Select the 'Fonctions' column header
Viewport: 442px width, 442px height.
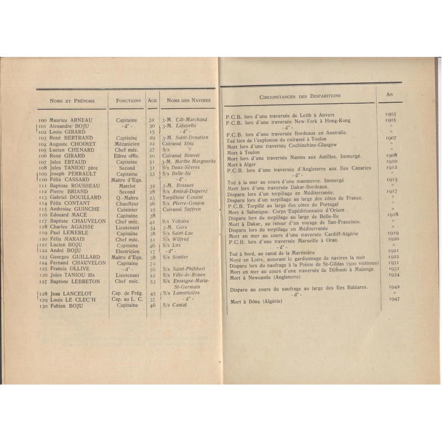(x=128, y=101)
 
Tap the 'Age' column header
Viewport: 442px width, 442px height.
(x=152, y=101)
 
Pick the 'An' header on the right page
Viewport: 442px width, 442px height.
(x=390, y=94)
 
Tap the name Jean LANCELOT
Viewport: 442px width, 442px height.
(x=63, y=293)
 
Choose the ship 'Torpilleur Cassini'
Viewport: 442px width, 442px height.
(x=183, y=197)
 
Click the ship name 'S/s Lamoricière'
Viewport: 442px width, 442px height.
(x=184, y=293)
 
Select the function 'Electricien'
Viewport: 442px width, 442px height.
(x=128, y=251)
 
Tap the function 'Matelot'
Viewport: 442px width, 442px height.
(x=127, y=186)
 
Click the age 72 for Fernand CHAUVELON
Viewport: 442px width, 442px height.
(x=152, y=263)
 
